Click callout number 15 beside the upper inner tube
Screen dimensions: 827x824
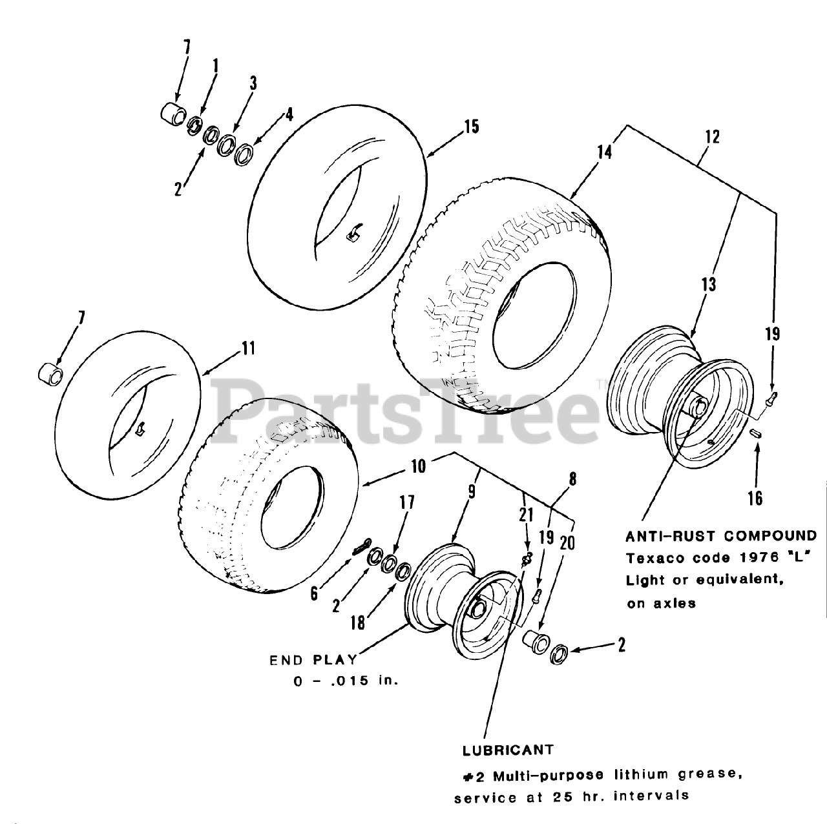pos(471,126)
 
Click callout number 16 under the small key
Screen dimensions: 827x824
pos(755,498)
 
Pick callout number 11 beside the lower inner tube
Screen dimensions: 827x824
pos(247,349)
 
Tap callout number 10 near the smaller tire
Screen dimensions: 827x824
pos(419,465)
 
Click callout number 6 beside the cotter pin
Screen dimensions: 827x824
pos(314,593)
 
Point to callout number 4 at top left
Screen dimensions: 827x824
pos(289,115)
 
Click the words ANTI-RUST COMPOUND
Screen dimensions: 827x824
pos(720,535)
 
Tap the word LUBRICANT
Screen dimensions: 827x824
pos(508,750)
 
